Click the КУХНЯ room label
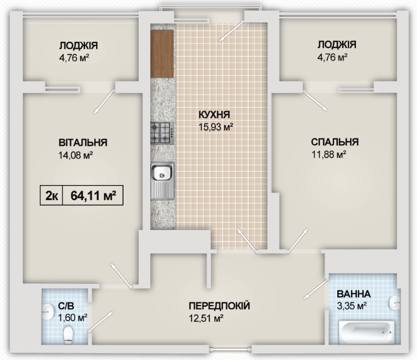click(x=215, y=116)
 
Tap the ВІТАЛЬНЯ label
click(x=83, y=142)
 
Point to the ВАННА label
click(x=353, y=294)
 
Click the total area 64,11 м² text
click(x=93, y=195)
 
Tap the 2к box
click(x=51, y=195)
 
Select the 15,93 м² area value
click(x=215, y=127)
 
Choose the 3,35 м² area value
click(x=351, y=306)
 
